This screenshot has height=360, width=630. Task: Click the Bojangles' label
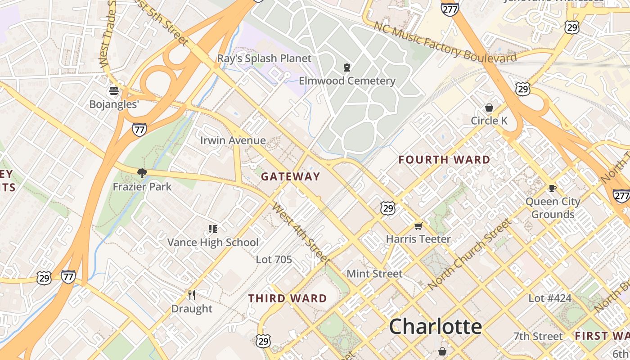point(114,104)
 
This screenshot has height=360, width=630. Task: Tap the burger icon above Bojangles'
point(114,91)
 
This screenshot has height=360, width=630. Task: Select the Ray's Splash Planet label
point(264,58)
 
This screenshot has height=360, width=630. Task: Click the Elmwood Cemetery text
point(347,81)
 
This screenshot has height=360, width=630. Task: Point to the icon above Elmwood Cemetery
point(346,68)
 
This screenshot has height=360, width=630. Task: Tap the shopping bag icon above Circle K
point(489,108)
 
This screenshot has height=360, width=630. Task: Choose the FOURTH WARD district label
point(444,160)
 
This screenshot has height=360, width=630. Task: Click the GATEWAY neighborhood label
point(290,176)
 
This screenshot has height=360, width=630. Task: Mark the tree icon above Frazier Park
point(142,173)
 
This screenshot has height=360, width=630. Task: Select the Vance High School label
point(213,243)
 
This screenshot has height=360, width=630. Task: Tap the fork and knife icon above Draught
point(192,295)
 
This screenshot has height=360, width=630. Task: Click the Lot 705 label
point(274,260)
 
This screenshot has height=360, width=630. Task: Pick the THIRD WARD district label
point(288,298)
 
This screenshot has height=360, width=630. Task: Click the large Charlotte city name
point(435,326)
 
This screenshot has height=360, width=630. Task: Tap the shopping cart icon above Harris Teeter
point(418,226)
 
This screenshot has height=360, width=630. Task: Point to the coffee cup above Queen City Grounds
point(553,188)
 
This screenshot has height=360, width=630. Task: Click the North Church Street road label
point(470,254)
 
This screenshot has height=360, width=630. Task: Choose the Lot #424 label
point(549,298)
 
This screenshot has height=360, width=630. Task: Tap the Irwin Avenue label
point(233,140)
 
